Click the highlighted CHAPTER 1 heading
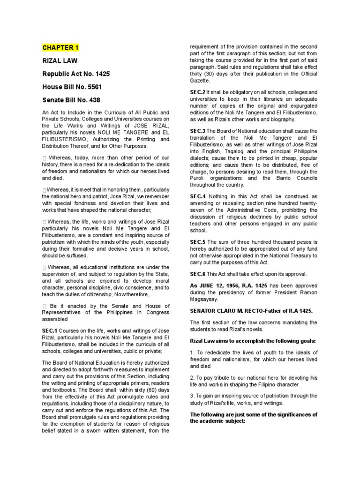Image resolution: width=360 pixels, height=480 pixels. [61, 47]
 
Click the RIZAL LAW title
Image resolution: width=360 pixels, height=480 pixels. [60, 60]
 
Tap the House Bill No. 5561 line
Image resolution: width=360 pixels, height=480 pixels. [72, 87]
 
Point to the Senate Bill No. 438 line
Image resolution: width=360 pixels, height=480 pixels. [71, 100]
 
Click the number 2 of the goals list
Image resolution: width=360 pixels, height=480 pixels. [192, 377]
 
